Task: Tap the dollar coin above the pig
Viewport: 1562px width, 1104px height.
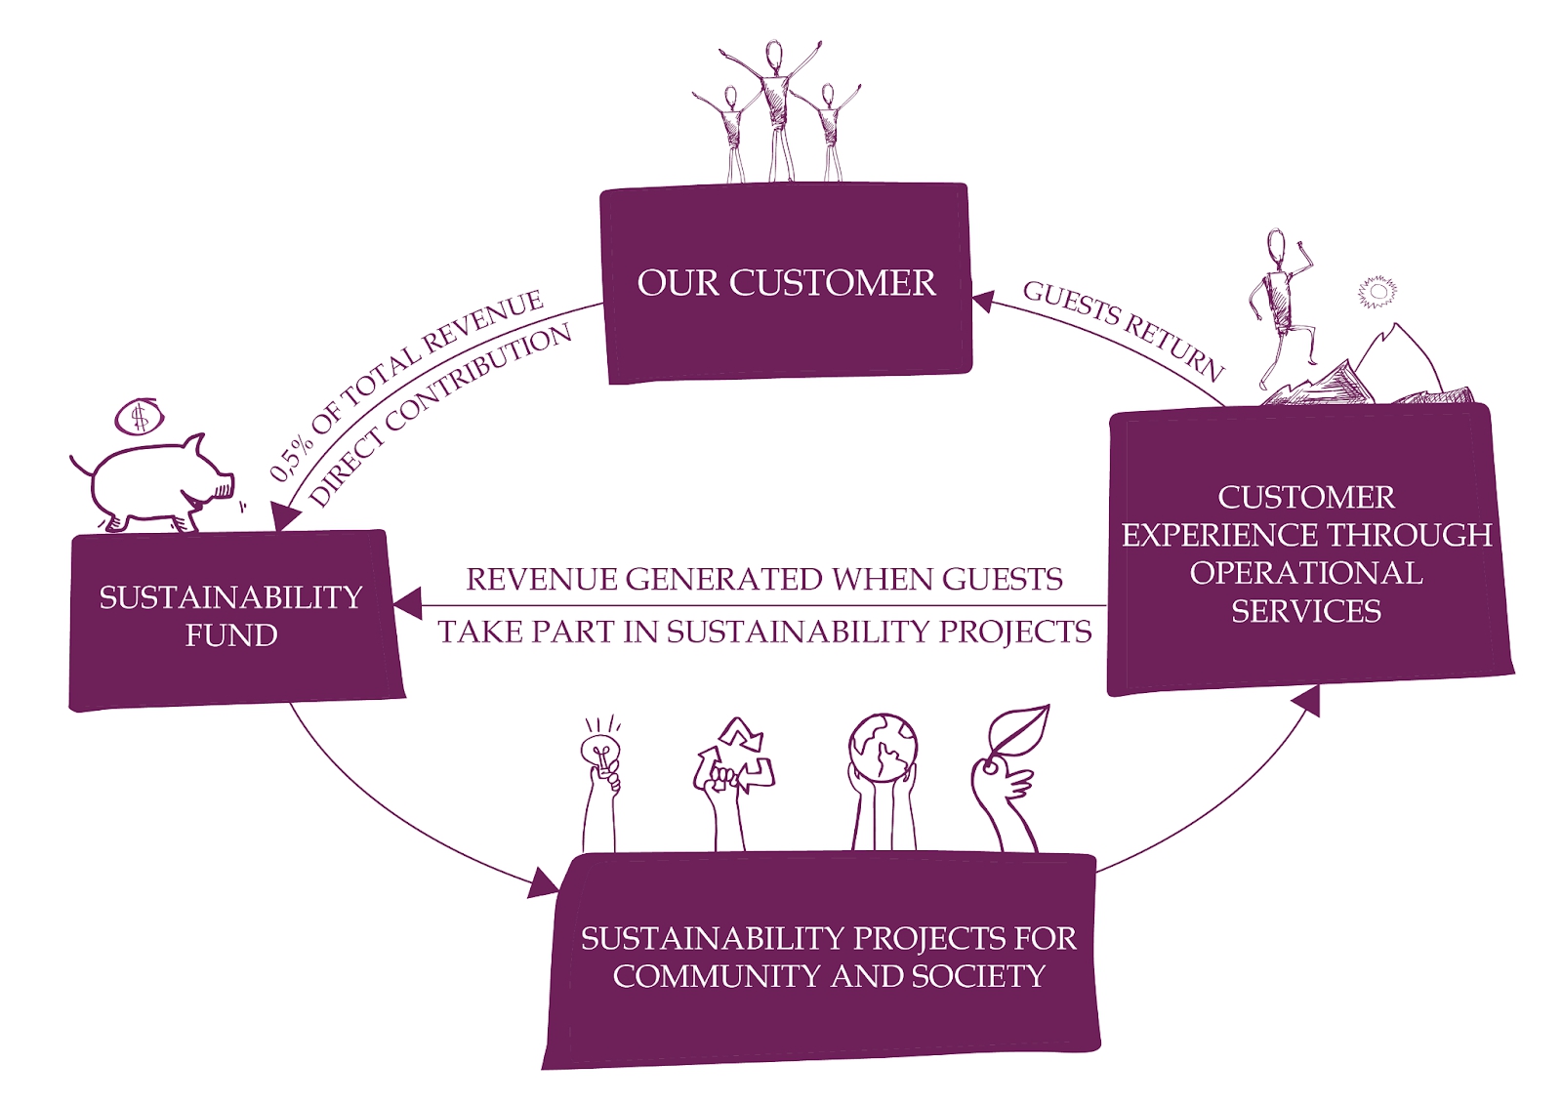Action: tap(140, 418)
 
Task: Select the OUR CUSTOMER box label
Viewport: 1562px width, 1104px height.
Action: tap(786, 283)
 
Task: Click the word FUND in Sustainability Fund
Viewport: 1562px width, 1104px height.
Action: tap(231, 635)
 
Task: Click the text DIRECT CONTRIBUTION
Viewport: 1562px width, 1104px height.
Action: tap(440, 415)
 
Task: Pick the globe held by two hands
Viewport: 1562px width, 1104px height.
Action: tap(883, 748)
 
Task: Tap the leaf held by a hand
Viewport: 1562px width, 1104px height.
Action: tap(1018, 734)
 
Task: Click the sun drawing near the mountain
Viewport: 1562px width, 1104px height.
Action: tap(1377, 292)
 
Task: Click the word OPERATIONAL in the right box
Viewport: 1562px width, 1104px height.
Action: tap(1305, 573)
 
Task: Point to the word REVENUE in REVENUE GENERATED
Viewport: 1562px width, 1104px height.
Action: tap(542, 580)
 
